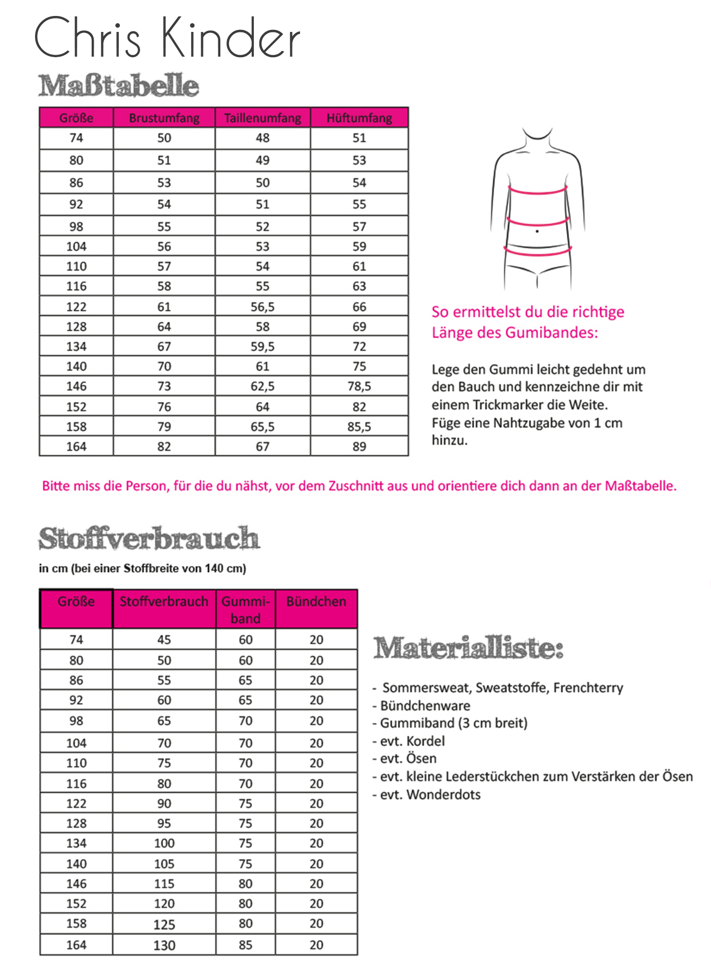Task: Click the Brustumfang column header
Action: tap(164, 118)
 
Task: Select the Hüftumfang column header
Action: tap(359, 118)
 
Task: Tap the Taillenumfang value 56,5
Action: tap(263, 307)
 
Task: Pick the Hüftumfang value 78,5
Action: tap(359, 386)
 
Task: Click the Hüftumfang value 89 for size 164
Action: tap(359, 447)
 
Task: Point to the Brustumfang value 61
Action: tap(164, 307)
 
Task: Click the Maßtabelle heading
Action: tap(118, 86)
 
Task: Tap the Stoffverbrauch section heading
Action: tap(149, 539)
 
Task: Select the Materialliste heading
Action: tap(468, 648)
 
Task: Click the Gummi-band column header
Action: tap(246, 609)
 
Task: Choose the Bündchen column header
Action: tap(316, 602)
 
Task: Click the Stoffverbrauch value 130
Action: tap(164, 945)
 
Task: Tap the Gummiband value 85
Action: tap(246, 945)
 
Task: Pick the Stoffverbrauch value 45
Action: tap(164, 640)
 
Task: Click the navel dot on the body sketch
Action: tap(537, 231)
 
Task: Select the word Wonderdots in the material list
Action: tap(443, 794)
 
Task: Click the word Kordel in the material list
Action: tap(425, 741)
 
